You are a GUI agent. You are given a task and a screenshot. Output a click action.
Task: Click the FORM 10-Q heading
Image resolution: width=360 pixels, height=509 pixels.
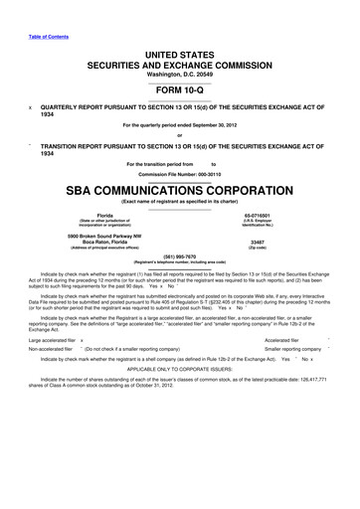pos(180,84)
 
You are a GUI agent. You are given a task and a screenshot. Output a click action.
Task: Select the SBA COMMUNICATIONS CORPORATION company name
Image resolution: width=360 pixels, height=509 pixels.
pos(180,190)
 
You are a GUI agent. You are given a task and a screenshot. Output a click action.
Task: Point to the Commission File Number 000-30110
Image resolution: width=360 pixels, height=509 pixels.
pos(179,175)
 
